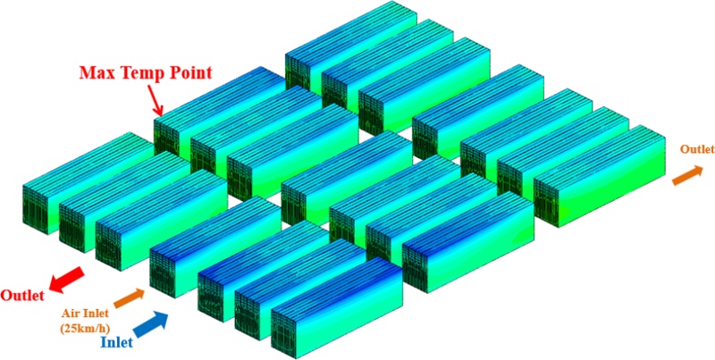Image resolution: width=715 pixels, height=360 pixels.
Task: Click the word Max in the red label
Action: pos(96,73)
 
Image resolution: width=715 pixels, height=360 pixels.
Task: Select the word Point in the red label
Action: pos(187,73)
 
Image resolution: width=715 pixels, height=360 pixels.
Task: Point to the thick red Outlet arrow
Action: pos(66,279)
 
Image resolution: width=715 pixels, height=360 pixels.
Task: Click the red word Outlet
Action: pos(22,296)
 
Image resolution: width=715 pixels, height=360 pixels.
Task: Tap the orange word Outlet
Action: pos(697,149)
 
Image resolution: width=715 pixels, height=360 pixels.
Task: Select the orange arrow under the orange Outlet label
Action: pos(687,175)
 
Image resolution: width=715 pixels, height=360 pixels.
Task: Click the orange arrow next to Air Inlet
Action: pos(129,298)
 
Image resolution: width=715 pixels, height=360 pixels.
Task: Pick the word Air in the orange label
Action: pos(71,314)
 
